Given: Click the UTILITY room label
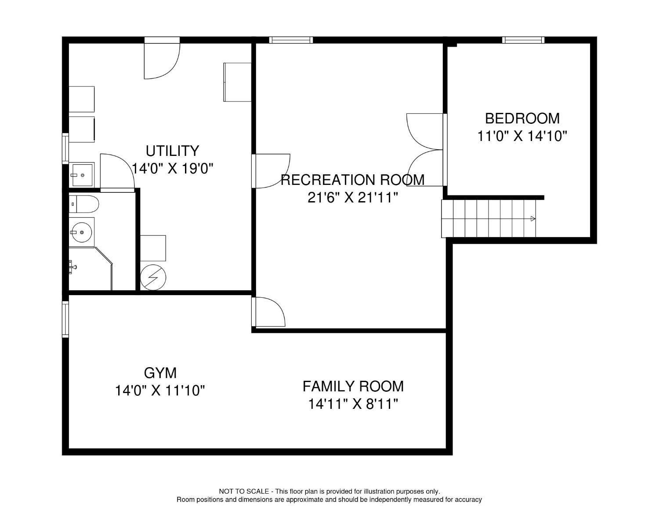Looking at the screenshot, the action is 172,151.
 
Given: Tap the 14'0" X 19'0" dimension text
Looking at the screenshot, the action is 173,169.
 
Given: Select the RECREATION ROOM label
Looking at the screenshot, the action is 352,180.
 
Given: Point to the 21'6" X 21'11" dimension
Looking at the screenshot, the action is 352,198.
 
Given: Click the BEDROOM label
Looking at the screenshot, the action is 522,118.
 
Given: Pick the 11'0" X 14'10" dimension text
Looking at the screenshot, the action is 522,136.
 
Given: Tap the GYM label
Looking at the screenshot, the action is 160,373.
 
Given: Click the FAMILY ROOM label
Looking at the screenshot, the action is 353,386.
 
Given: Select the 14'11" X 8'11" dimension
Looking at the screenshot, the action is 353,404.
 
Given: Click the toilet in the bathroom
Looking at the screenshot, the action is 84,204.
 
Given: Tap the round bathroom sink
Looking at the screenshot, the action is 82,232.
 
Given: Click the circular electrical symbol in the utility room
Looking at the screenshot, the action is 153,278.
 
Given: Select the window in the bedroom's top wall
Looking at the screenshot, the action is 523,40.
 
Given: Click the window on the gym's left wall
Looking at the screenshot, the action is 65,319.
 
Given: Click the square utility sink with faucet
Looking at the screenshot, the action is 82,175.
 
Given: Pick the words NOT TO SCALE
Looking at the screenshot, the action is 244,491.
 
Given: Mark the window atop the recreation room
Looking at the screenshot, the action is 291,40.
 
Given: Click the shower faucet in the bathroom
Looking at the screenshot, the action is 73,267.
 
